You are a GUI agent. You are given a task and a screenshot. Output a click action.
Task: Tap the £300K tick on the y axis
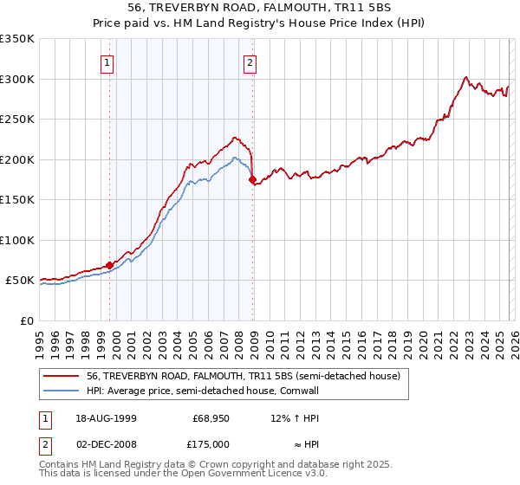coord(17,79)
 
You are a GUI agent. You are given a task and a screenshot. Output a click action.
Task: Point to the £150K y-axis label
coord(17,199)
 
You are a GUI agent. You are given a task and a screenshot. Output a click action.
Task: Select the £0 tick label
coord(26,320)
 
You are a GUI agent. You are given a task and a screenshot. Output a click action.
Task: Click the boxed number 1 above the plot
coord(107,62)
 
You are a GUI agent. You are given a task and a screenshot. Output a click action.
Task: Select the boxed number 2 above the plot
coord(250,62)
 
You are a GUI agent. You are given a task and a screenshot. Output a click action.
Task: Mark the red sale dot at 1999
coord(110,265)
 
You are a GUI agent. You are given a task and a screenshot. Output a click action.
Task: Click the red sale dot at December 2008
coord(253,180)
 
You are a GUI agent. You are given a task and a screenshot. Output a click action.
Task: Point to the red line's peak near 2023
coord(466,77)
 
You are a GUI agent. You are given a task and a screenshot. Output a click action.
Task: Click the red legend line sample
coord(61,377)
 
